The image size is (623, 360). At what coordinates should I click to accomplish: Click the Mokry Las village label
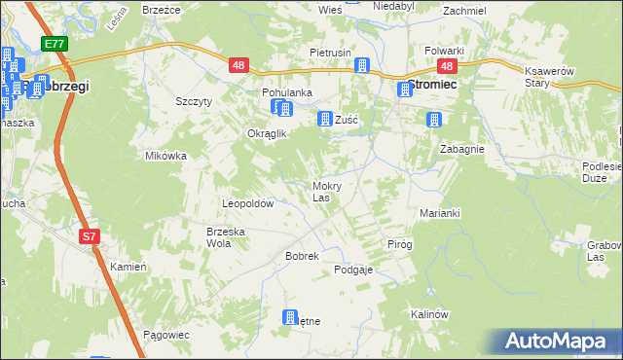coord(325,191)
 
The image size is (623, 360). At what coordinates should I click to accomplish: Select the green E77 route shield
coord(55,45)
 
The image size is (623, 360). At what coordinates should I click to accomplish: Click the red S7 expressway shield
coord(89,236)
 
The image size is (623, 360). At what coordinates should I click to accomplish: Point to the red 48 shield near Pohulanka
coord(239,66)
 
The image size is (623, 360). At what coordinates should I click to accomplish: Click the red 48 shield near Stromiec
coord(447,66)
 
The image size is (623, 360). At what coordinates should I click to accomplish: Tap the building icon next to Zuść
coord(324,119)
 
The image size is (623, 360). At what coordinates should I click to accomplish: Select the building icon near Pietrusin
coord(362,66)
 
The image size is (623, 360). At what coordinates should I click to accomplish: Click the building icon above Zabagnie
coord(434,121)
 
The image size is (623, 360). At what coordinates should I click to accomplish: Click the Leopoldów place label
coord(248,204)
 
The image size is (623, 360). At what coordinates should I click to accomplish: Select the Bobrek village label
coord(302,255)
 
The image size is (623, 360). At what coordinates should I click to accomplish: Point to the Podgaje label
coord(353,270)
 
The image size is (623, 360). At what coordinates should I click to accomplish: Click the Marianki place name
coord(439,212)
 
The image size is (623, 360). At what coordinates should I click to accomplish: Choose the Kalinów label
coord(428,314)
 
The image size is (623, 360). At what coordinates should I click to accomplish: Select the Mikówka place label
coord(165,155)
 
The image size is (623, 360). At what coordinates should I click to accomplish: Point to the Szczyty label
coord(194,101)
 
